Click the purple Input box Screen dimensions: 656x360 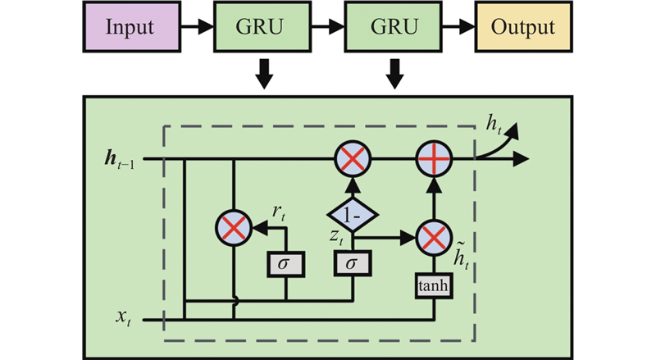[x=132, y=27]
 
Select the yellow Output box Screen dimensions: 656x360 [x=523, y=27]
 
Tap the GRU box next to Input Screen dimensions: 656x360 [x=262, y=27]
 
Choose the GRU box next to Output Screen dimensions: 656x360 [x=393, y=27]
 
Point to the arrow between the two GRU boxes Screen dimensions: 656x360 [x=327, y=27]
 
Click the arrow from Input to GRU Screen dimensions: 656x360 [x=198, y=27]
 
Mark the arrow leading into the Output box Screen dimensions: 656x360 [x=458, y=27]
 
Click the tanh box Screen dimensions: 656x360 [x=434, y=286]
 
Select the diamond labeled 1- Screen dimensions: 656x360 [x=353, y=215]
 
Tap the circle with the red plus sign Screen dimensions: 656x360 [x=434, y=159]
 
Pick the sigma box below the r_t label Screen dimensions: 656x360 [x=286, y=264]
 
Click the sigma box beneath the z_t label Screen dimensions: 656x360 [x=353, y=263]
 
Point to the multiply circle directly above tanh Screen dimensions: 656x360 [x=434, y=238]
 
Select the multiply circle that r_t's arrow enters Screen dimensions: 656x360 [x=234, y=229]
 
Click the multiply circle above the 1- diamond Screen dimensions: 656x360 [x=353, y=159]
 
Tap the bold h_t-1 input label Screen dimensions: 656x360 [x=120, y=161]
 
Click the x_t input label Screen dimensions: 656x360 [x=124, y=318]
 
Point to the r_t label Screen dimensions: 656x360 [x=279, y=212]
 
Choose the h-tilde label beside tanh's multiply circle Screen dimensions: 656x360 [x=461, y=256]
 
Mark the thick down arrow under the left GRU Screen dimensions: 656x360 [x=264, y=74]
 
